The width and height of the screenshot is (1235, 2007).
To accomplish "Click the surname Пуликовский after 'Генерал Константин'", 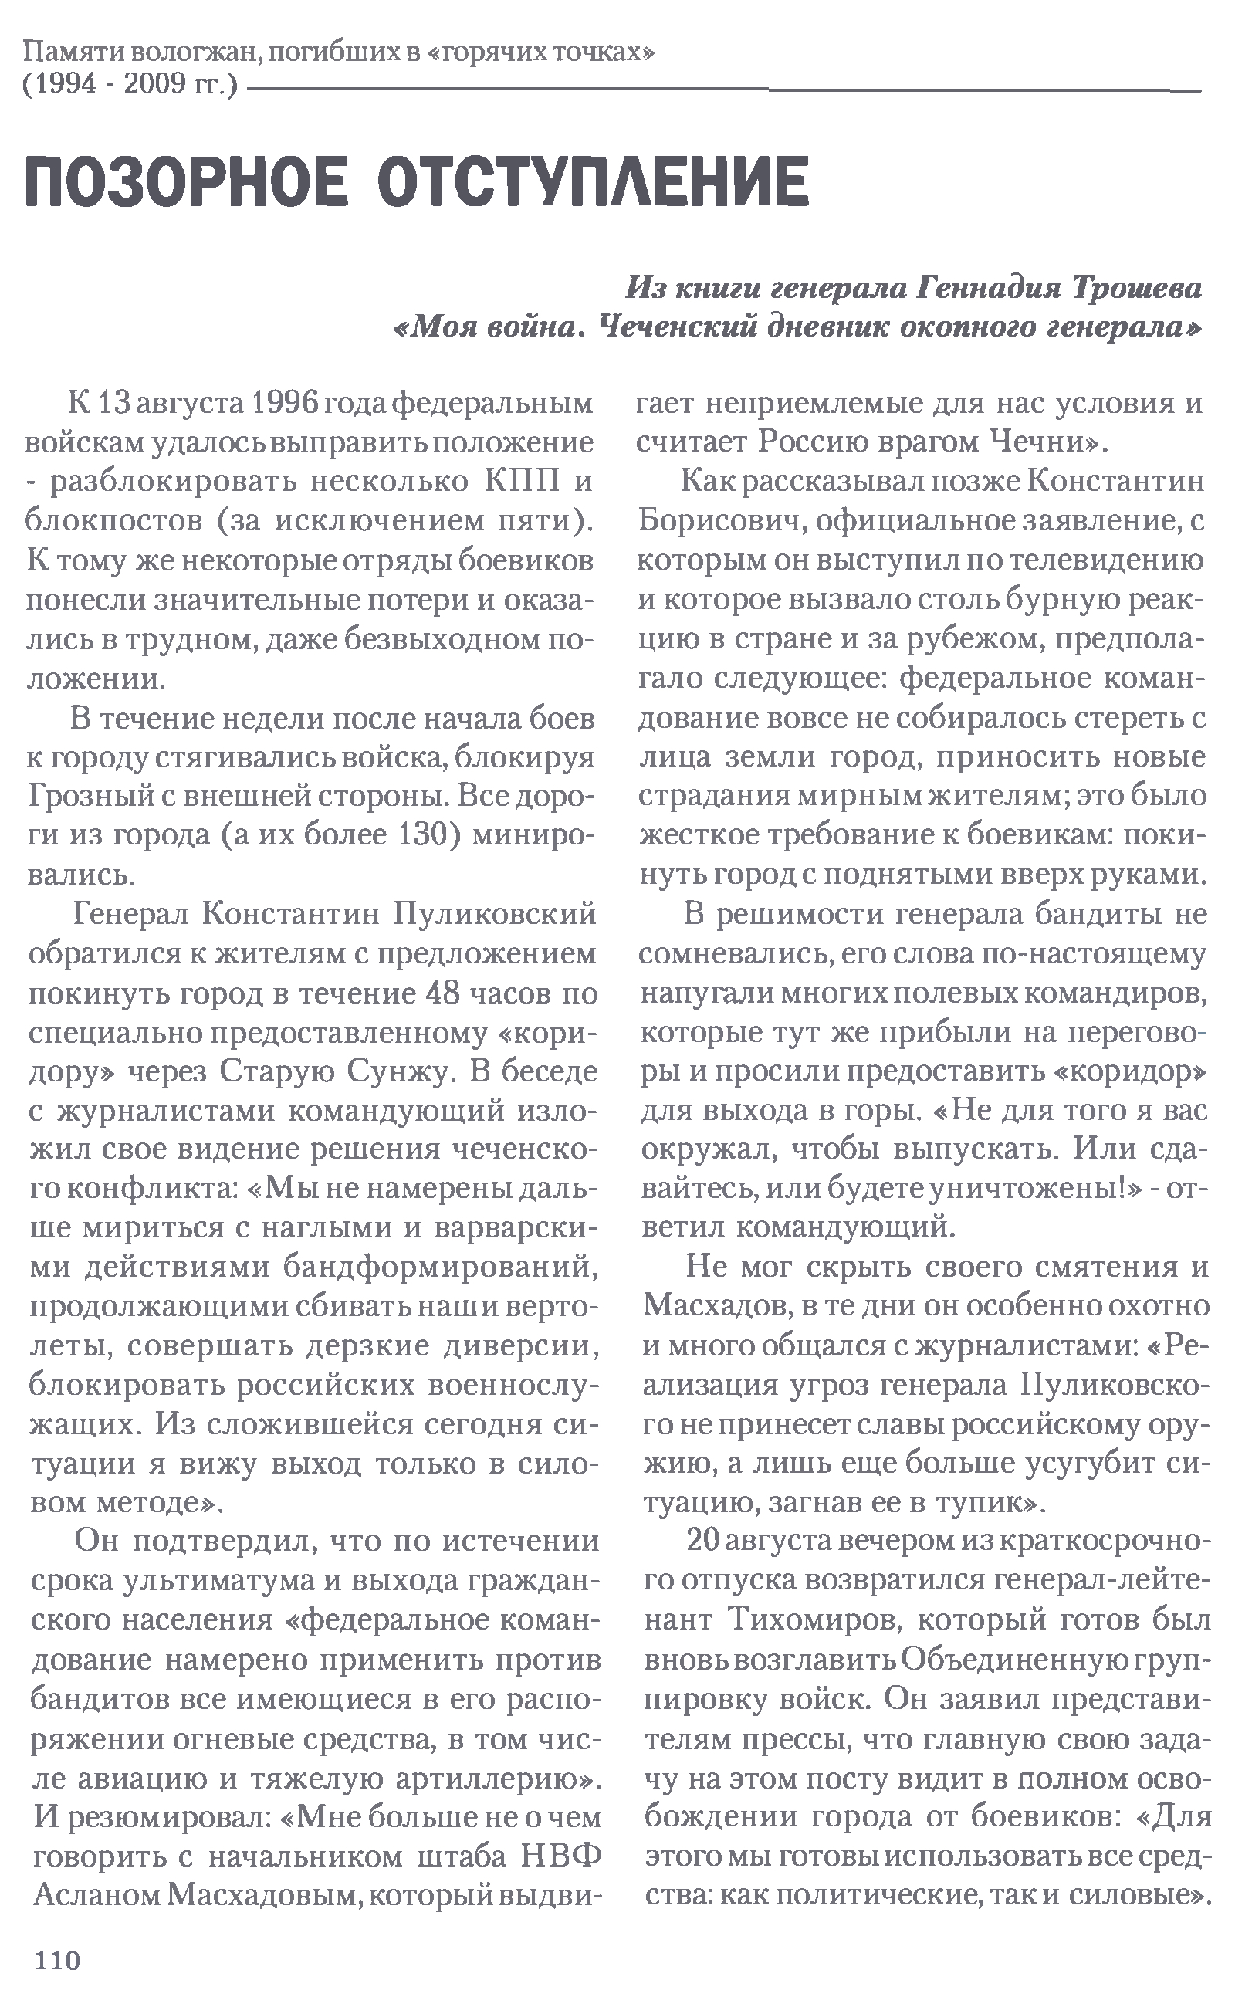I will (495, 914).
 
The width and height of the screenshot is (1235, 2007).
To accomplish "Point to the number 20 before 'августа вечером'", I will (701, 1540).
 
